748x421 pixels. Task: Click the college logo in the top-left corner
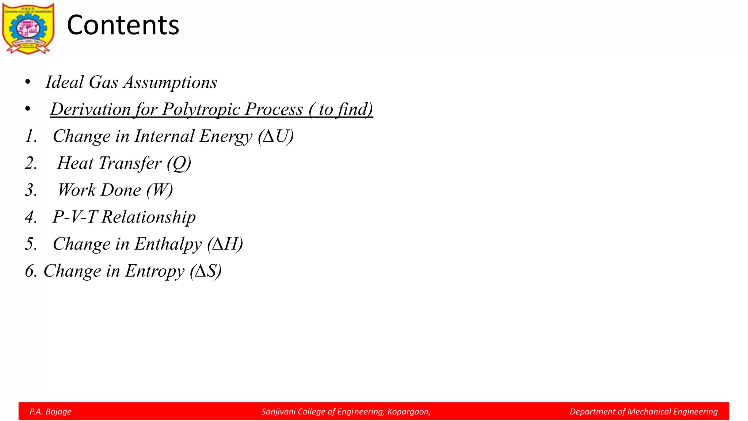coord(28,29)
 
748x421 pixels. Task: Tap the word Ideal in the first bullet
coord(64,82)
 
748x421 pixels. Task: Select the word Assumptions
coord(170,82)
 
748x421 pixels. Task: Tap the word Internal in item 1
coord(164,136)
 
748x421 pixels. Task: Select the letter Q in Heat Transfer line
coord(179,163)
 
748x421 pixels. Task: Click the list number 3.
coord(31,190)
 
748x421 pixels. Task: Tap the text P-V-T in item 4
coord(75,217)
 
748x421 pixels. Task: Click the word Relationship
coord(148,217)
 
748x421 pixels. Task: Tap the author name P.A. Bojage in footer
coord(50,412)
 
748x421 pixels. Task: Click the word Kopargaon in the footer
coord(408,412)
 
